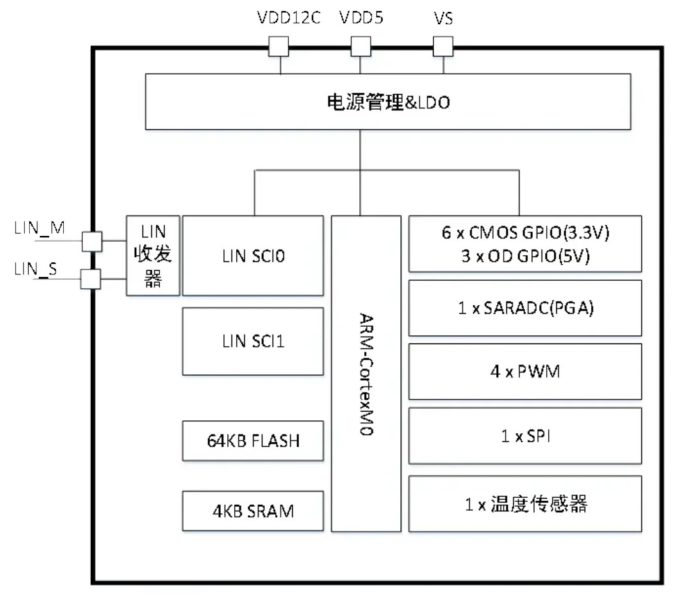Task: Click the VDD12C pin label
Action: pos(288,18)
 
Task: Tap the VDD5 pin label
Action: pos(361,18)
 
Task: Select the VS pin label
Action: pos(443,18)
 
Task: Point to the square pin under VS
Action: pos(443,47)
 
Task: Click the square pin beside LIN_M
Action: pos(92,241)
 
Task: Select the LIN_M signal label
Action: pos(39,228)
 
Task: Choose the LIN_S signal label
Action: pos(36,269)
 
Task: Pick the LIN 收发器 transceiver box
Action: pos(152,255)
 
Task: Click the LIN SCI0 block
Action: pos(253,255)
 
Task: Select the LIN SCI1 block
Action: pos(253,341)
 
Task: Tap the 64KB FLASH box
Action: pos(253,441)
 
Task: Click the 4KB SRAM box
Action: pos(253,510)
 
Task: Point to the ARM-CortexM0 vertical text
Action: pos(366,375)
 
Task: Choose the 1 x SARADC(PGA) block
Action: pos(525,308)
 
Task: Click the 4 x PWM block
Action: pos(525,371)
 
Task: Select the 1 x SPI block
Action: pos(525,436)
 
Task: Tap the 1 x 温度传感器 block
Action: pos(525,504)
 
